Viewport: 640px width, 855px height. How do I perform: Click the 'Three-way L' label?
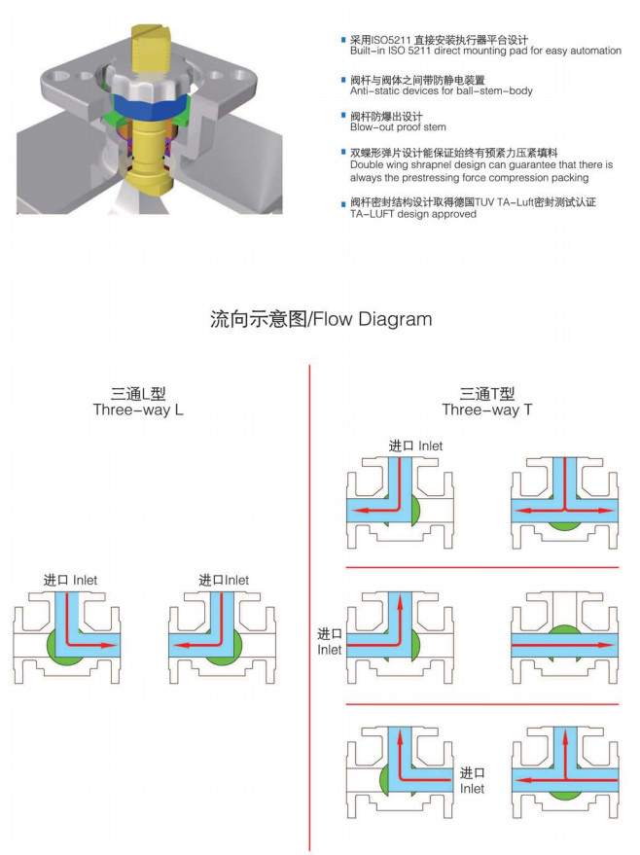point(138,410)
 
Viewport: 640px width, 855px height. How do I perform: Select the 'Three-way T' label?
point(486,410)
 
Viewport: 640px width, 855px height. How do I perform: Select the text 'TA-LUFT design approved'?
point(413,214)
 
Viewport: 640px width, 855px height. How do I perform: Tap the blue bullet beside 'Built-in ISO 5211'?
point(342,40)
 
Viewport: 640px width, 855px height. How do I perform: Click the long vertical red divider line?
point(308,603)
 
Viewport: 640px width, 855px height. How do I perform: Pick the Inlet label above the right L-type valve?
point(224,580)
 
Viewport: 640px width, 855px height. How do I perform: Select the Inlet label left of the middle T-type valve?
point(330,641)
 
